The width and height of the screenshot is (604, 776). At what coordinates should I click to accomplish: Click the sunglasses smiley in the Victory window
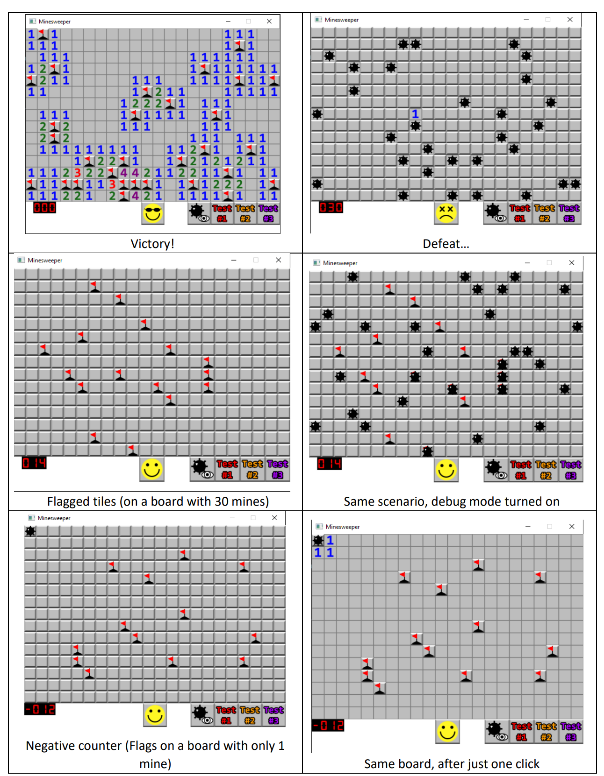click(153, 214)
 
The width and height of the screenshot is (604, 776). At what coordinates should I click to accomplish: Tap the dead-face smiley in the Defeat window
click(446, 213)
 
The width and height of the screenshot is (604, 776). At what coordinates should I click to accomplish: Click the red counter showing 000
click(44, 208)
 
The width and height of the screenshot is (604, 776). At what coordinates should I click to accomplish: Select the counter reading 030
click(331, 207)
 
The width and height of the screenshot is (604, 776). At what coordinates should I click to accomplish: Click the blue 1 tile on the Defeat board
click(415, 114)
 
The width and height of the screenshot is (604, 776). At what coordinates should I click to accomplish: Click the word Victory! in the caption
click(152, 244)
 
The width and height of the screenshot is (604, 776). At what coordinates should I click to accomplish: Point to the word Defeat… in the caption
click(446, 244)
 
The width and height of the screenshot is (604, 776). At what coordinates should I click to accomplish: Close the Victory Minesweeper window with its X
click(269, 21)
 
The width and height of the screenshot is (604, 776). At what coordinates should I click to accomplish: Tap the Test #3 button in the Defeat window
click(569, 213)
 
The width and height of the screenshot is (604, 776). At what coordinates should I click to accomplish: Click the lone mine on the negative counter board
click(30, 531)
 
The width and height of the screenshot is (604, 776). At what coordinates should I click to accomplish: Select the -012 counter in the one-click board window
click(328, 726)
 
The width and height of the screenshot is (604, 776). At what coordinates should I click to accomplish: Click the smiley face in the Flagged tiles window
click(152, 469)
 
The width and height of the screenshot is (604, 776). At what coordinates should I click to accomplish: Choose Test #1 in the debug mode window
click(520, 470)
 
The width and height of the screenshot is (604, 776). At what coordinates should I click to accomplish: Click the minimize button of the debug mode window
click(527, 263)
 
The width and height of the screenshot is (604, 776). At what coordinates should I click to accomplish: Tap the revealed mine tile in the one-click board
click(318, 540)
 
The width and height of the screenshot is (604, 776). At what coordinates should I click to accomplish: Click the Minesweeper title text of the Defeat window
click(341, 20)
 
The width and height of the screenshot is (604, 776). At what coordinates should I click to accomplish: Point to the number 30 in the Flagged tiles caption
click(222, 501)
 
